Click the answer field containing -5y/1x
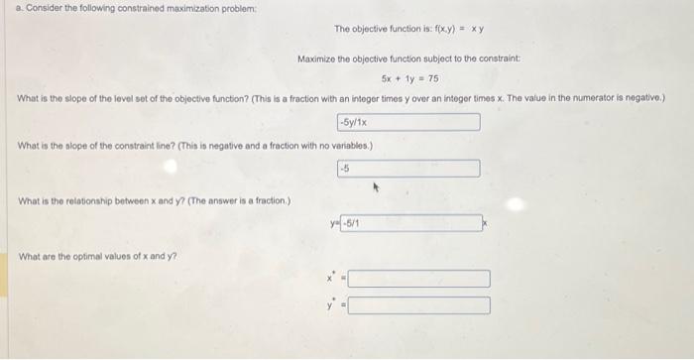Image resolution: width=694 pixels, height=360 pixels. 408,122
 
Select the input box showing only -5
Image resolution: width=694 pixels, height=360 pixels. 408,169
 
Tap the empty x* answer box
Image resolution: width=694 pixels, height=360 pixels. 417,279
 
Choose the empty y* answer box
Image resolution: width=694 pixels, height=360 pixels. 417,304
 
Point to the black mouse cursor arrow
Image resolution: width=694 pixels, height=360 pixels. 377,184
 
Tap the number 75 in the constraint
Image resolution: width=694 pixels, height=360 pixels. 435,77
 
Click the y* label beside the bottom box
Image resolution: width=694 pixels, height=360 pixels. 332,303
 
